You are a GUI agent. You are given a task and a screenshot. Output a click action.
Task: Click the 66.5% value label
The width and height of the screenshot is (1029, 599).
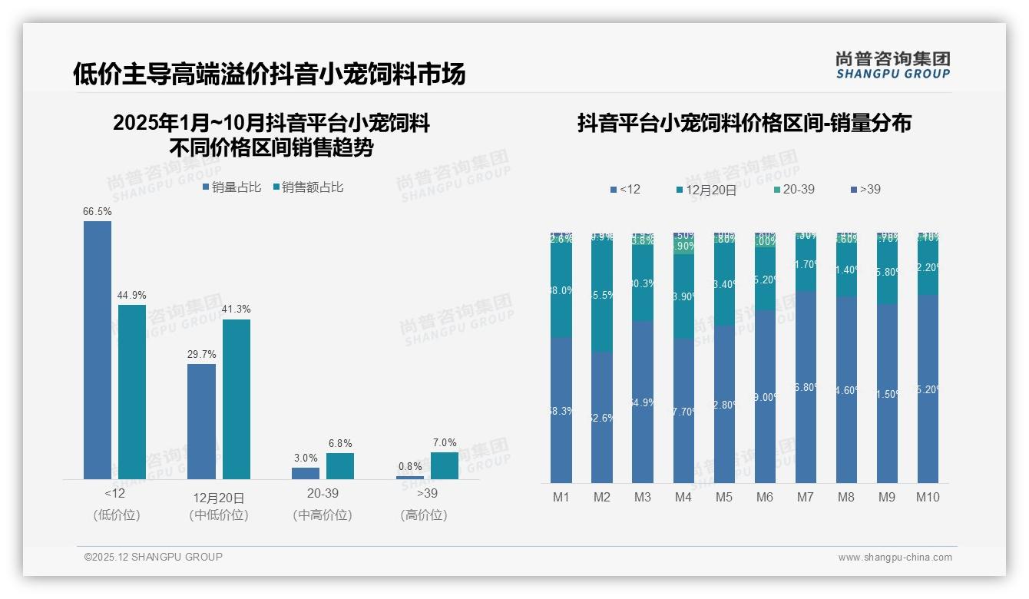98,211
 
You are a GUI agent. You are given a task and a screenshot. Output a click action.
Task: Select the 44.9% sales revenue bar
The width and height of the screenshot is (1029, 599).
132,392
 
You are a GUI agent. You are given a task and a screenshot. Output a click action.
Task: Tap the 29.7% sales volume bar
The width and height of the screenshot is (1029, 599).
201,422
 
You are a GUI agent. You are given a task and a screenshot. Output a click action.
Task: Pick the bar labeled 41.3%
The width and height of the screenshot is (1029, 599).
237,399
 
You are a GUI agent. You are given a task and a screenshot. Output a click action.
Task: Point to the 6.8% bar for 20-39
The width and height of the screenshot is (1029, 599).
340,466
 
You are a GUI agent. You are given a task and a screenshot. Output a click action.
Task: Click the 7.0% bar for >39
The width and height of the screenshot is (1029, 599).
445,465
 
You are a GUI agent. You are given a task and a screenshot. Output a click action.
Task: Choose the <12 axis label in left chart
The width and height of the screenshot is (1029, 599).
115,493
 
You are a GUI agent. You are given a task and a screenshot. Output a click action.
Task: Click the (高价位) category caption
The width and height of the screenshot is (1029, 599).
424,515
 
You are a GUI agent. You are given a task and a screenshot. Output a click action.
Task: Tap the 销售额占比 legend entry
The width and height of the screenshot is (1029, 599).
309,187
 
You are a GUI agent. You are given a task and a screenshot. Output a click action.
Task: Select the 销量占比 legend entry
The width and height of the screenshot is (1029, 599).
233,187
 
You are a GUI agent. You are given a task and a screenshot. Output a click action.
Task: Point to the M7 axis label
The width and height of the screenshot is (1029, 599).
805,498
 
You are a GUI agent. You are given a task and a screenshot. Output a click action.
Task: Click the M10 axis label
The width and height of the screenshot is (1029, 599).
928,498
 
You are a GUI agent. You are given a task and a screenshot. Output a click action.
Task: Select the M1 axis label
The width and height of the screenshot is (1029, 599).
561,498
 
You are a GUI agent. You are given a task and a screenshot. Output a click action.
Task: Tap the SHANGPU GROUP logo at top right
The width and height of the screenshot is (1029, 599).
892,65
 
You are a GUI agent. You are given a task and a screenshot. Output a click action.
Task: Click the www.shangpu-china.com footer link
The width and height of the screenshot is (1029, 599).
895,558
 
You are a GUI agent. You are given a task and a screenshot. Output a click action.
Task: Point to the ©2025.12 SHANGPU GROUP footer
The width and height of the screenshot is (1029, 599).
154,557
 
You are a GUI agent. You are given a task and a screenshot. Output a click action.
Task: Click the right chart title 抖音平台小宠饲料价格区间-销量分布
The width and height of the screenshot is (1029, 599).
744,124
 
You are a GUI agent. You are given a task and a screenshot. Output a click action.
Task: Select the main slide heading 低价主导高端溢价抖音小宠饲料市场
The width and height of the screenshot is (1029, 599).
269,74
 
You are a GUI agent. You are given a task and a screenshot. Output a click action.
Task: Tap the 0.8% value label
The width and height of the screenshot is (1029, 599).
410,466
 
